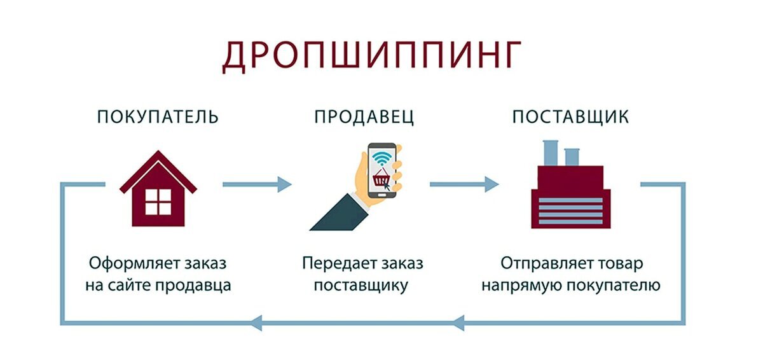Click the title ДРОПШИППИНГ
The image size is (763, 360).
click(372, 57)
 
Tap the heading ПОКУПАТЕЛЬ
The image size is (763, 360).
click(158, 117)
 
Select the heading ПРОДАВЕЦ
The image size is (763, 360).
click(364, 117)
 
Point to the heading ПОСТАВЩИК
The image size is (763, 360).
click(570, 117)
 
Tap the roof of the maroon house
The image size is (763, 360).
click(158, 167)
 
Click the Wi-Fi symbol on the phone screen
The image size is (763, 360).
click(381, 157)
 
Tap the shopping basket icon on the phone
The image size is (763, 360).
click(381, 179)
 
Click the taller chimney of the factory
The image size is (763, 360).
click(549, 153)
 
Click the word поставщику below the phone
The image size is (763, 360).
click(361, 286)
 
